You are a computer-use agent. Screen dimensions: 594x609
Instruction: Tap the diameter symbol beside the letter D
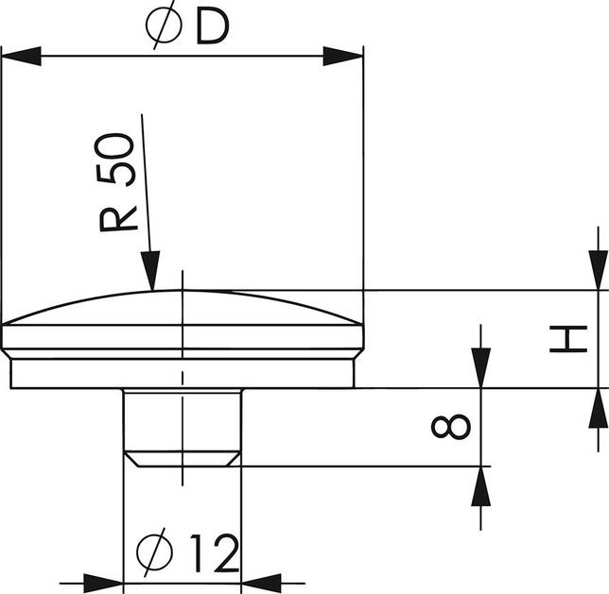click(x=166, y=28)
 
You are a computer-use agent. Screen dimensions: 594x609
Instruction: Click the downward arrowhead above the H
click(x=597, y=270)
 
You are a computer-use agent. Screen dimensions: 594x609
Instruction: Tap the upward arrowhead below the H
click(x=597, y=409)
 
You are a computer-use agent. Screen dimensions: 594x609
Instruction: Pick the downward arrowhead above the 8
click(x=481, y=368)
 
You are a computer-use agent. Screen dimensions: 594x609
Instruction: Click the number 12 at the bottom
click(x=213, y=555)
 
